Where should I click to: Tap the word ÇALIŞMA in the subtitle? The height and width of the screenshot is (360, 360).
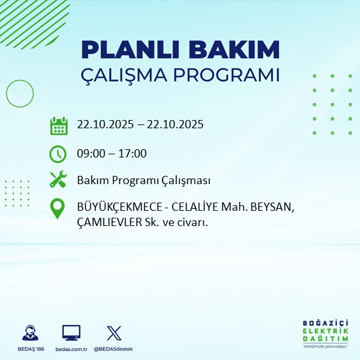[123, 74]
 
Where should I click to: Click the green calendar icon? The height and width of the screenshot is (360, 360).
[58, 126]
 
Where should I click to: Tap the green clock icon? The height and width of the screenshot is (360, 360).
[58, 154]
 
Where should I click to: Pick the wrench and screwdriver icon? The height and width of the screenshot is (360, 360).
[58, 180]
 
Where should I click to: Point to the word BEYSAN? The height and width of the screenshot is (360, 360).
[274, 207]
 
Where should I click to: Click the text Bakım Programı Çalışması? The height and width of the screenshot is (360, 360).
[143, 181]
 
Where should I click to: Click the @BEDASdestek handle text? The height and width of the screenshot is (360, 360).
[114, 349]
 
